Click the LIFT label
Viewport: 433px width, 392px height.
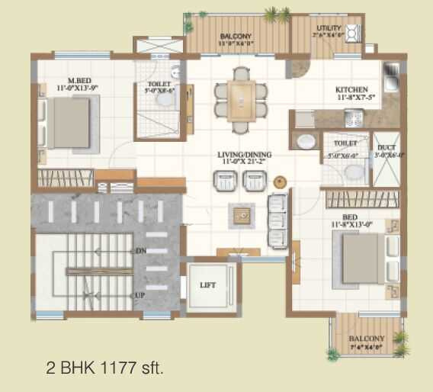(208, 285)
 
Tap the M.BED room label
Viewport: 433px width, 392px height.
(75, 79)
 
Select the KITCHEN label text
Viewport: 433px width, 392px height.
(352, 89)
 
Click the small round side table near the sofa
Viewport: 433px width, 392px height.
(280, 182)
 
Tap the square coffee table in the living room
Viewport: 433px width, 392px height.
(242, 215)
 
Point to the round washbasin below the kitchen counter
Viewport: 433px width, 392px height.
(305, 142)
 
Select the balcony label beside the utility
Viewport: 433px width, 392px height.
(236, 37)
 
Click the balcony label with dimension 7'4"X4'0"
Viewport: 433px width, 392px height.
(366, 339)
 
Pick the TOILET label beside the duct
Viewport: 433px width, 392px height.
(345, 143)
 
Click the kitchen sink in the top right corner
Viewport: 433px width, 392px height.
(392, 76)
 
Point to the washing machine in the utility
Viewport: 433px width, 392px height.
(352, 34)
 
